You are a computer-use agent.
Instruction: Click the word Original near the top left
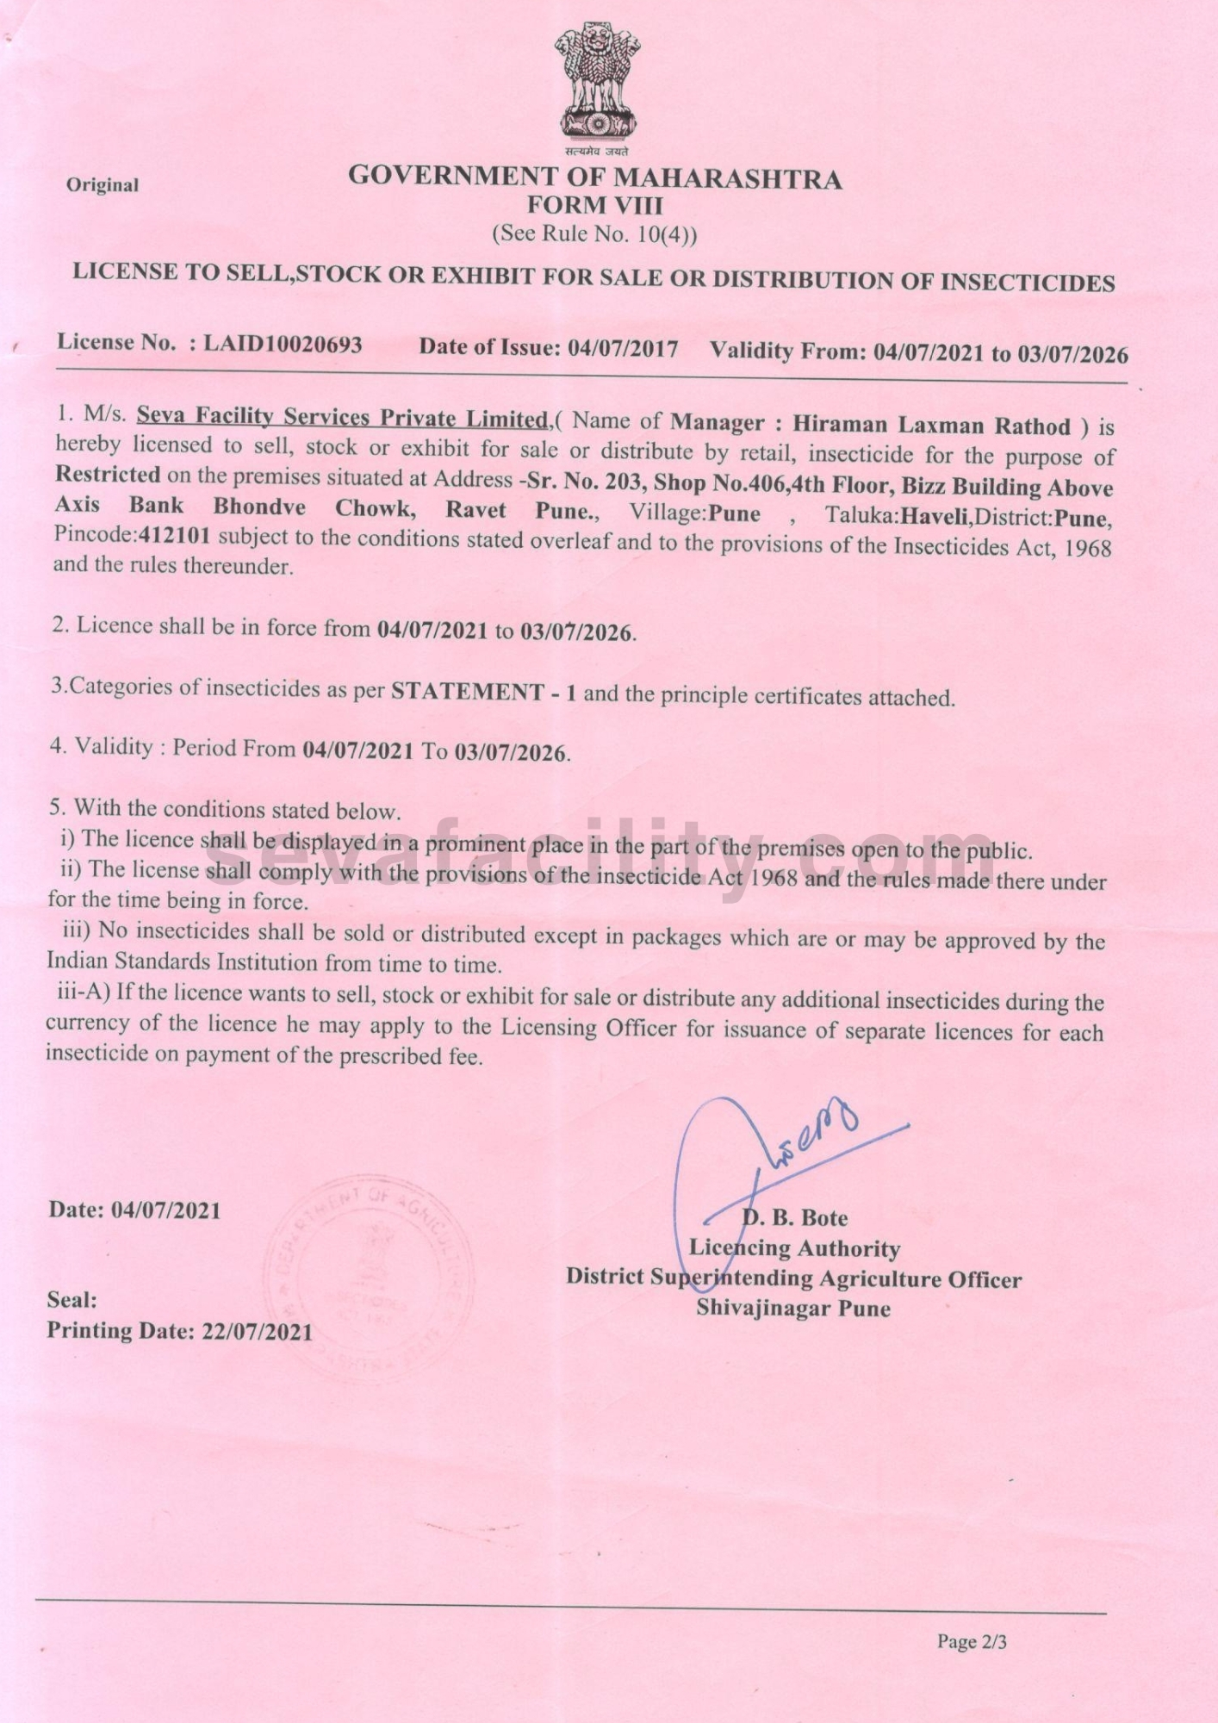click(x=102, y=185)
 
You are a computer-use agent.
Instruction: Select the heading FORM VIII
click(x=594, y=206)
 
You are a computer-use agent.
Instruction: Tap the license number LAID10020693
click(x=283, y=344)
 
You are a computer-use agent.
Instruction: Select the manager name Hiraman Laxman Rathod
click(x=931, y=426)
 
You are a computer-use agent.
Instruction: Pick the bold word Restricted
click(x=108, y=475)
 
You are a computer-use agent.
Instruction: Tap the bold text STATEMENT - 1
click(x=483, y=692)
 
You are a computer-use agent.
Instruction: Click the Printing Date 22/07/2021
click(x=257, y=1331)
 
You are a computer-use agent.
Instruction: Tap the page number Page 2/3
click(x=972, y=1642)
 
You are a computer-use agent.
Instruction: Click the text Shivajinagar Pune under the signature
click(x=792, y=1309)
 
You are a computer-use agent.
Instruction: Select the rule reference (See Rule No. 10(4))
click(x=594, y=233)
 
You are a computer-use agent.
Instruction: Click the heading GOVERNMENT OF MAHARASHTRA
click(x=594, y=177)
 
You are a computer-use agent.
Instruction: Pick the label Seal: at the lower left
click(x=71, y=1300)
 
